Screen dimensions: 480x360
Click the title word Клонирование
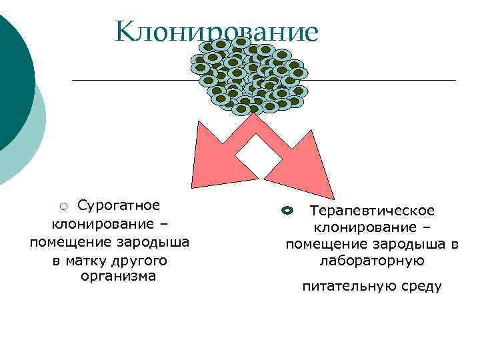click(x=217, y=31)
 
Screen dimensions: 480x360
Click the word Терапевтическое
click(x=372, y=211)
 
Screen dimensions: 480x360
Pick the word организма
click(x=117, y=276)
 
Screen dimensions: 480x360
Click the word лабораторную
click(x=372, y=261)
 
